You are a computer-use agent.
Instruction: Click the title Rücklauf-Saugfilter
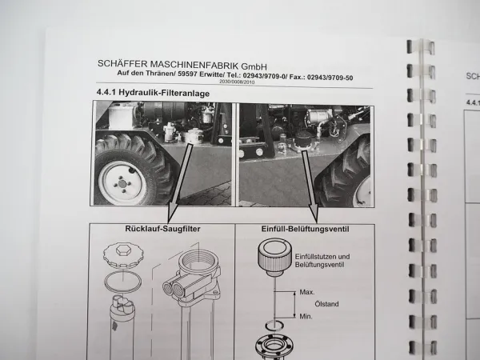tap(163, 230)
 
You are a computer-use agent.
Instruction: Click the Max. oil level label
tap(307, 293)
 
